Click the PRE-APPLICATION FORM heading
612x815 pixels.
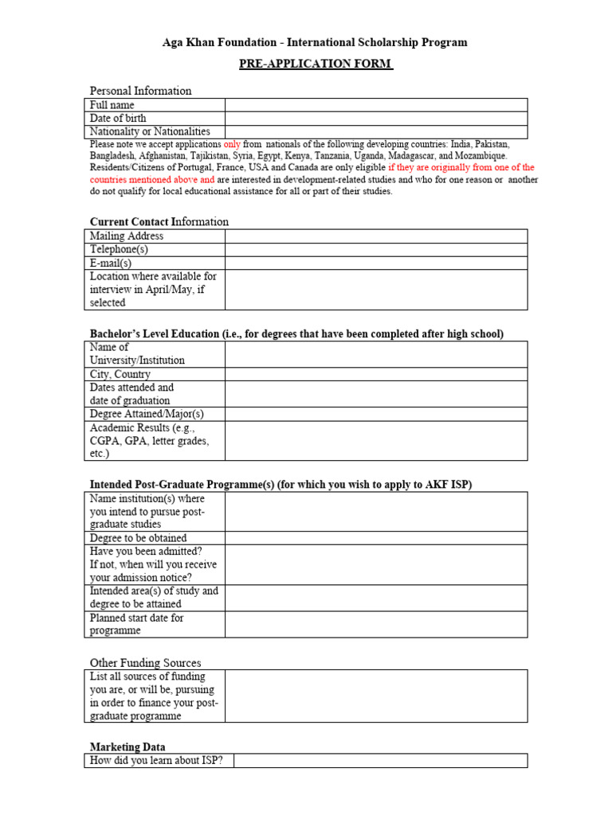(x=316, y=64)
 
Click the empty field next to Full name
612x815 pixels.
(x=375, y=105)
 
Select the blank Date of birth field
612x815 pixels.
(x=375, y=119)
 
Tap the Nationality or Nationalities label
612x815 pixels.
(x=150, y=131)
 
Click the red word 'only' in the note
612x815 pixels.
(x=232, y=144)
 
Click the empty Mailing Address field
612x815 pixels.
(x=375, y=236)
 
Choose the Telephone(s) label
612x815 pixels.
(x=120, y=249)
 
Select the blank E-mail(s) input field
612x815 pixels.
(x=375, y=263)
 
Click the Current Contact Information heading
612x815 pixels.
(x=159, y=221)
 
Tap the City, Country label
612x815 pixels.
(x=120, y=374)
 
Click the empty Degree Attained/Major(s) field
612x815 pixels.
(x=375, y=414)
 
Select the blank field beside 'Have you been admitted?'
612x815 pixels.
(x=375, y=564)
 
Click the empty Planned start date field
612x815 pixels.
(x=375, y=624)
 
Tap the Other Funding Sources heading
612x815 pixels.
(x=145, y=663)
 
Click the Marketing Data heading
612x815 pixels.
(x=127, y=747)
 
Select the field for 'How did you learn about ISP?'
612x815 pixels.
(x=380, y=761)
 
